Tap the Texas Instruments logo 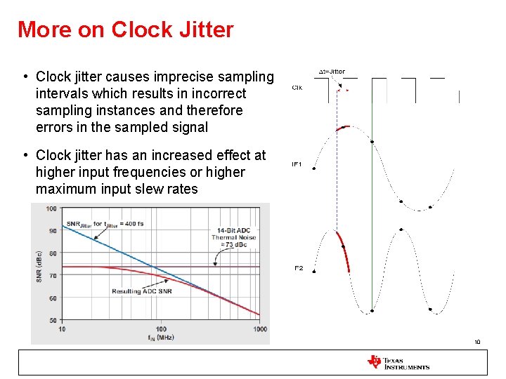(398, 362)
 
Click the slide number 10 (477, 343)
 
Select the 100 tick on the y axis (51, 208)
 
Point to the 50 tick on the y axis (53, 321)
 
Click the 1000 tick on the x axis (260, 329)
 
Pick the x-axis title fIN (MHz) (161, 338)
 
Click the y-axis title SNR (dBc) (39, 264)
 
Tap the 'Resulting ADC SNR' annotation (141, 291)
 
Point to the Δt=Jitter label (332, 72)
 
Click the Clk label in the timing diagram (297, 88)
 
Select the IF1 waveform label (297, 164)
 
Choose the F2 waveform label (299, 268)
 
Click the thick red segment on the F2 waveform (343, 251)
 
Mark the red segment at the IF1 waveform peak (343, 128)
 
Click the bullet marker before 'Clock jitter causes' (25, 77)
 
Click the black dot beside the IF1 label (313, 168)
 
